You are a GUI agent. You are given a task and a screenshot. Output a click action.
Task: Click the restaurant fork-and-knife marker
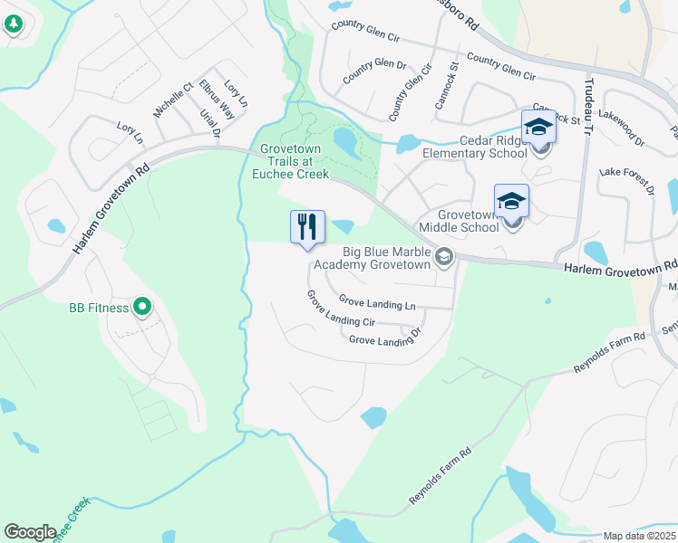coord(307,226)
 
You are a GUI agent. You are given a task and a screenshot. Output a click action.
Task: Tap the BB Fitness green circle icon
coord(142,308)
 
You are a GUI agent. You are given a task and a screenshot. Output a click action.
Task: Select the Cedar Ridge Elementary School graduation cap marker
coord(538,128)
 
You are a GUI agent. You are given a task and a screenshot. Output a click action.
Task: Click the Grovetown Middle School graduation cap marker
coord(511,202)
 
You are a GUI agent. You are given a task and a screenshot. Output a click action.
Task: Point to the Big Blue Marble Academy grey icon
coord(444,258)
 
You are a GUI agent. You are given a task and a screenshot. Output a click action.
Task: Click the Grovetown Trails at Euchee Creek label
coord(294,161)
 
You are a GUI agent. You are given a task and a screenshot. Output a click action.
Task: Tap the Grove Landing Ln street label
coord(377,300)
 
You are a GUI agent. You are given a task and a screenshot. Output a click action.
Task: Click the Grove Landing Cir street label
coord(340,310)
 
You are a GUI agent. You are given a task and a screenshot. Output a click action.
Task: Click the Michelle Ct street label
coord(173,100)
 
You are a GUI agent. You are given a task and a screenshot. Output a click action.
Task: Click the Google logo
coord(30,532)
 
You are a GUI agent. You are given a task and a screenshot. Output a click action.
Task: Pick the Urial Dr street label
coord(209,124)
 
